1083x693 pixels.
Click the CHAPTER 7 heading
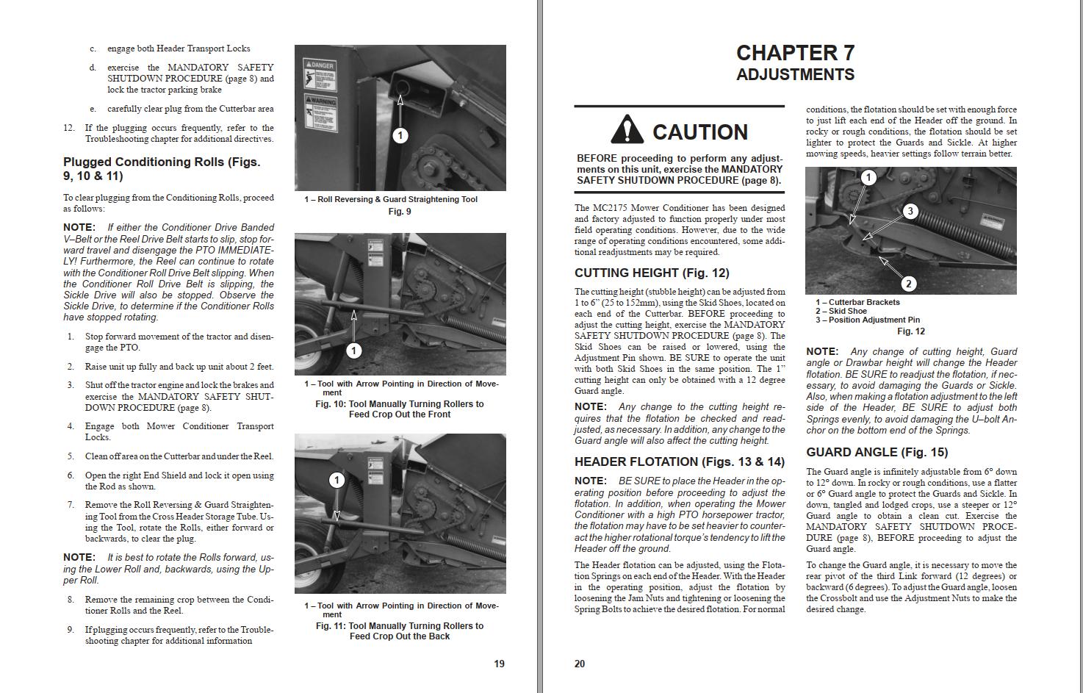795,53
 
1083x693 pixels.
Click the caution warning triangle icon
627,129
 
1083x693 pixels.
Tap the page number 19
499,664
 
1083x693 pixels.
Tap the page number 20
580,664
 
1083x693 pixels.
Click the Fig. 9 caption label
400,212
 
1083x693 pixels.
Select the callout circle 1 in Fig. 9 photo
400,135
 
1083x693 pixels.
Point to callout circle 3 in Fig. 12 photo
910,212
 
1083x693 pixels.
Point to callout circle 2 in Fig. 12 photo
908,284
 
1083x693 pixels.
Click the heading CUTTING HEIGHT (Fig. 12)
652,273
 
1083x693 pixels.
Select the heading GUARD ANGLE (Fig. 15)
877,452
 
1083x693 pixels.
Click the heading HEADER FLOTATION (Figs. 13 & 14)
680,462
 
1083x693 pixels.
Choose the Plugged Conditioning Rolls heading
162,168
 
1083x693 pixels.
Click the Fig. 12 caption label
910,331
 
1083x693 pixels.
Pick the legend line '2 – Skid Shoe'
841,311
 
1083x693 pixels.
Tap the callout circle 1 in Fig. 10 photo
353,351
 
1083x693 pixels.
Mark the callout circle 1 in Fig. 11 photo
337,481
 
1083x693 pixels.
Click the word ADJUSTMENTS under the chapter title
795,75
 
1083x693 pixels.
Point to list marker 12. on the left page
69,128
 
